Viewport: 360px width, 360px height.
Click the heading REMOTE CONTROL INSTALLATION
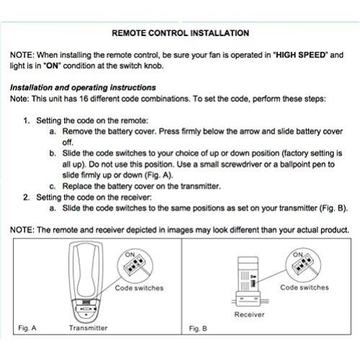(x=181, y=33)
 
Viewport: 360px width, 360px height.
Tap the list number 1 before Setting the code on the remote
(x=26, y=120)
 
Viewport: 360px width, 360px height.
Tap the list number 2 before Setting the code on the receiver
(x=26, y=197)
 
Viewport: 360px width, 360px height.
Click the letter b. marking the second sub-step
(x=53, y=153)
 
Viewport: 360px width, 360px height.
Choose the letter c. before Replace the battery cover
(x=53, y=186)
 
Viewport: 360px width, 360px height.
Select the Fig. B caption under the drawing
(x=198, y=328)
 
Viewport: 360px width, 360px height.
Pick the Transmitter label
(x=89, y=328)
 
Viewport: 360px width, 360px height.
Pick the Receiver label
(x=249, y=315)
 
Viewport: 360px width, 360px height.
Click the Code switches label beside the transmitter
(x=140, y=288)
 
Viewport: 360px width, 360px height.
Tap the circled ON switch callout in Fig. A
(x=133, y=264)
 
